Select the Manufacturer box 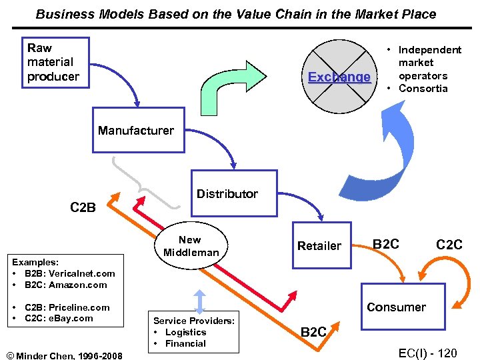point(137,130)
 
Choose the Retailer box point(319,246)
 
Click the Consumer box point(403,307)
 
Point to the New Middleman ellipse point(191,246)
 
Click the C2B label point(83,207)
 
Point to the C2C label point(449,245)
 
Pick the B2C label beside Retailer point(386,244)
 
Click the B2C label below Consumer point(313,331)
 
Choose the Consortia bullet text point(423,89)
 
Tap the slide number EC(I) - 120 point(427,353)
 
